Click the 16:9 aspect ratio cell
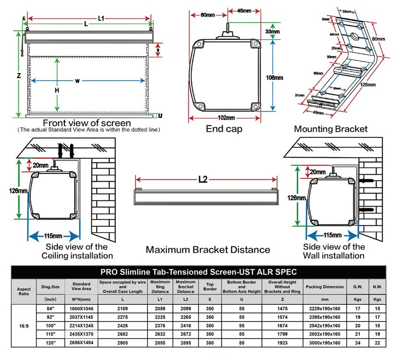coord(24,325)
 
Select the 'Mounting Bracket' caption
coord(330,129)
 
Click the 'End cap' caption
coord(224,129)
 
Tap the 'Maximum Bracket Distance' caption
coord(208,250)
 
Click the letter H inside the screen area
coord(57,90)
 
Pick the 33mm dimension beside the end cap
coord(272,32)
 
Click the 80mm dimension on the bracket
coord(378,38)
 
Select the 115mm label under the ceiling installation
coord(53,236)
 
